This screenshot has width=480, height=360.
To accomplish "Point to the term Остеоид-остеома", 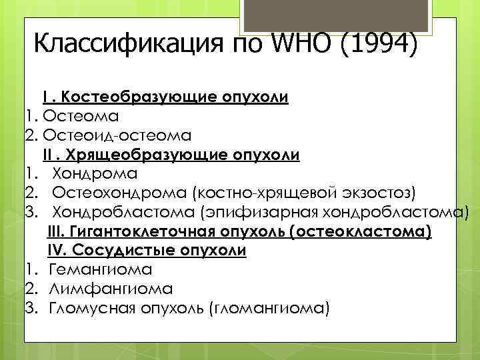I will tap(117, 136).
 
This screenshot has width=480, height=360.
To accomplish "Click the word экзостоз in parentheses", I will tap(377, 194).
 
